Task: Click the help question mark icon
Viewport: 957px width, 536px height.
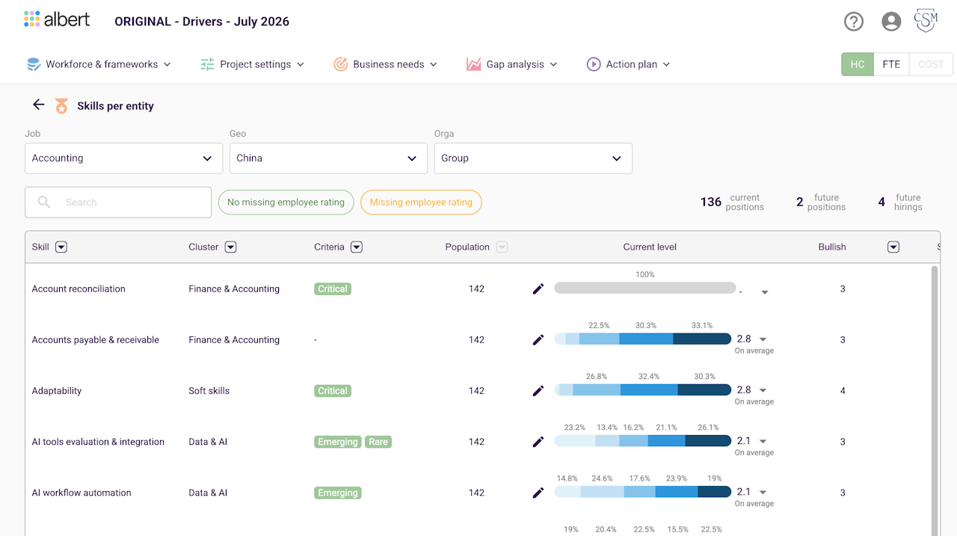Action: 854,22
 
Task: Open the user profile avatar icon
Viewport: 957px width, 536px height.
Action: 891,22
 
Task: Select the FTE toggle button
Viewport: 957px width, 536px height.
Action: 891,64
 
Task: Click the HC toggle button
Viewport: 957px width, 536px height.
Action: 858,64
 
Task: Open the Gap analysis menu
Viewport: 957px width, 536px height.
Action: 512,64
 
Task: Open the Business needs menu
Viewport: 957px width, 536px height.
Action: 385,64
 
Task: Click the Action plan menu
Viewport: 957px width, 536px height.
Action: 628,64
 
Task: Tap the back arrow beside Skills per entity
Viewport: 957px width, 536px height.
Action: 38,105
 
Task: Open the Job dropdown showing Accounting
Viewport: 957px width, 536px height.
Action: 124,158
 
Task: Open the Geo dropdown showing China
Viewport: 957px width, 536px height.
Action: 328,158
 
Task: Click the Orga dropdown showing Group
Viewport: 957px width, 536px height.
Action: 533,158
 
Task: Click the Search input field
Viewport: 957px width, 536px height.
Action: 118,203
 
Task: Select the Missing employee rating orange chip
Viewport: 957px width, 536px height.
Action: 421,203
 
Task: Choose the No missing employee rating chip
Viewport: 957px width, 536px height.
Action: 286,203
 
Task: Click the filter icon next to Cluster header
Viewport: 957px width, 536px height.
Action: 231,247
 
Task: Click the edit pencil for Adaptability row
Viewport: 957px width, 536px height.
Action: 538,391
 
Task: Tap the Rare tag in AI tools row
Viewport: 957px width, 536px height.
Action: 378,442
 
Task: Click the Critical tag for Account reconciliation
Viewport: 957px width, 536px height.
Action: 333,289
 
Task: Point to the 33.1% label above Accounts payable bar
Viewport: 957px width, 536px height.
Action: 702,325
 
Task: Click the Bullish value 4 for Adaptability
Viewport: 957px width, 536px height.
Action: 843,391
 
